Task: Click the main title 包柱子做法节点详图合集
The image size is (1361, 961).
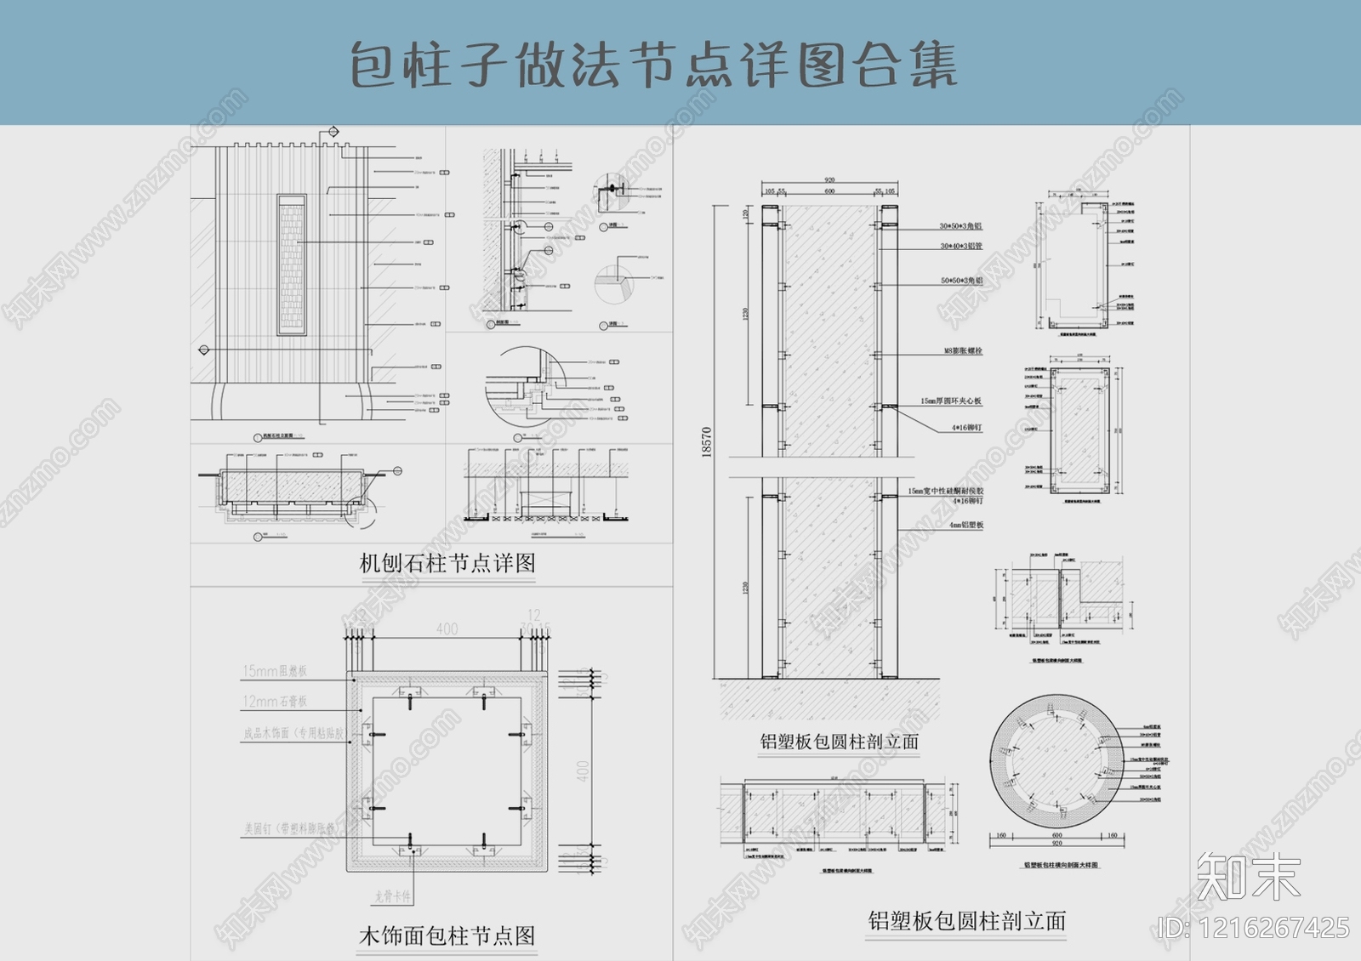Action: [653, 65]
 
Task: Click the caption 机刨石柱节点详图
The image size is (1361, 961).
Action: [447, 563]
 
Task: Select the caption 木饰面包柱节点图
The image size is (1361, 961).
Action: [447, 936]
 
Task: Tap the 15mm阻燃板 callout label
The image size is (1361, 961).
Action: [275, 671]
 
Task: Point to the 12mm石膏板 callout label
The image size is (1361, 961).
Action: [275, 702]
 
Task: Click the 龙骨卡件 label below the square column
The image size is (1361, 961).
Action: [393, 896]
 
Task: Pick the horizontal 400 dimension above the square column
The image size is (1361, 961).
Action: [447, 628]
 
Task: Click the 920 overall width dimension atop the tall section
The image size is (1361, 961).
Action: [829, 180]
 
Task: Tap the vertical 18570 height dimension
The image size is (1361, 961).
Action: [707, 442]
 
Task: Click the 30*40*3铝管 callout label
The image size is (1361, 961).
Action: [960, 247]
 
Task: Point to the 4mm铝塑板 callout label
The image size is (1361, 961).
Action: [966, 526]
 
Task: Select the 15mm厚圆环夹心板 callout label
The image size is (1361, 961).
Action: [950, 401]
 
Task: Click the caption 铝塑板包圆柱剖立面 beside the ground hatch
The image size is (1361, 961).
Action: [839, 742]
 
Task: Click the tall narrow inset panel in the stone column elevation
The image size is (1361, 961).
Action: [291, 264]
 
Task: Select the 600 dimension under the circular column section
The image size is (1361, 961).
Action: [1057, 836]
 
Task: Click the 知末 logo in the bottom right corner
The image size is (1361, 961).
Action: [1248, 876]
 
